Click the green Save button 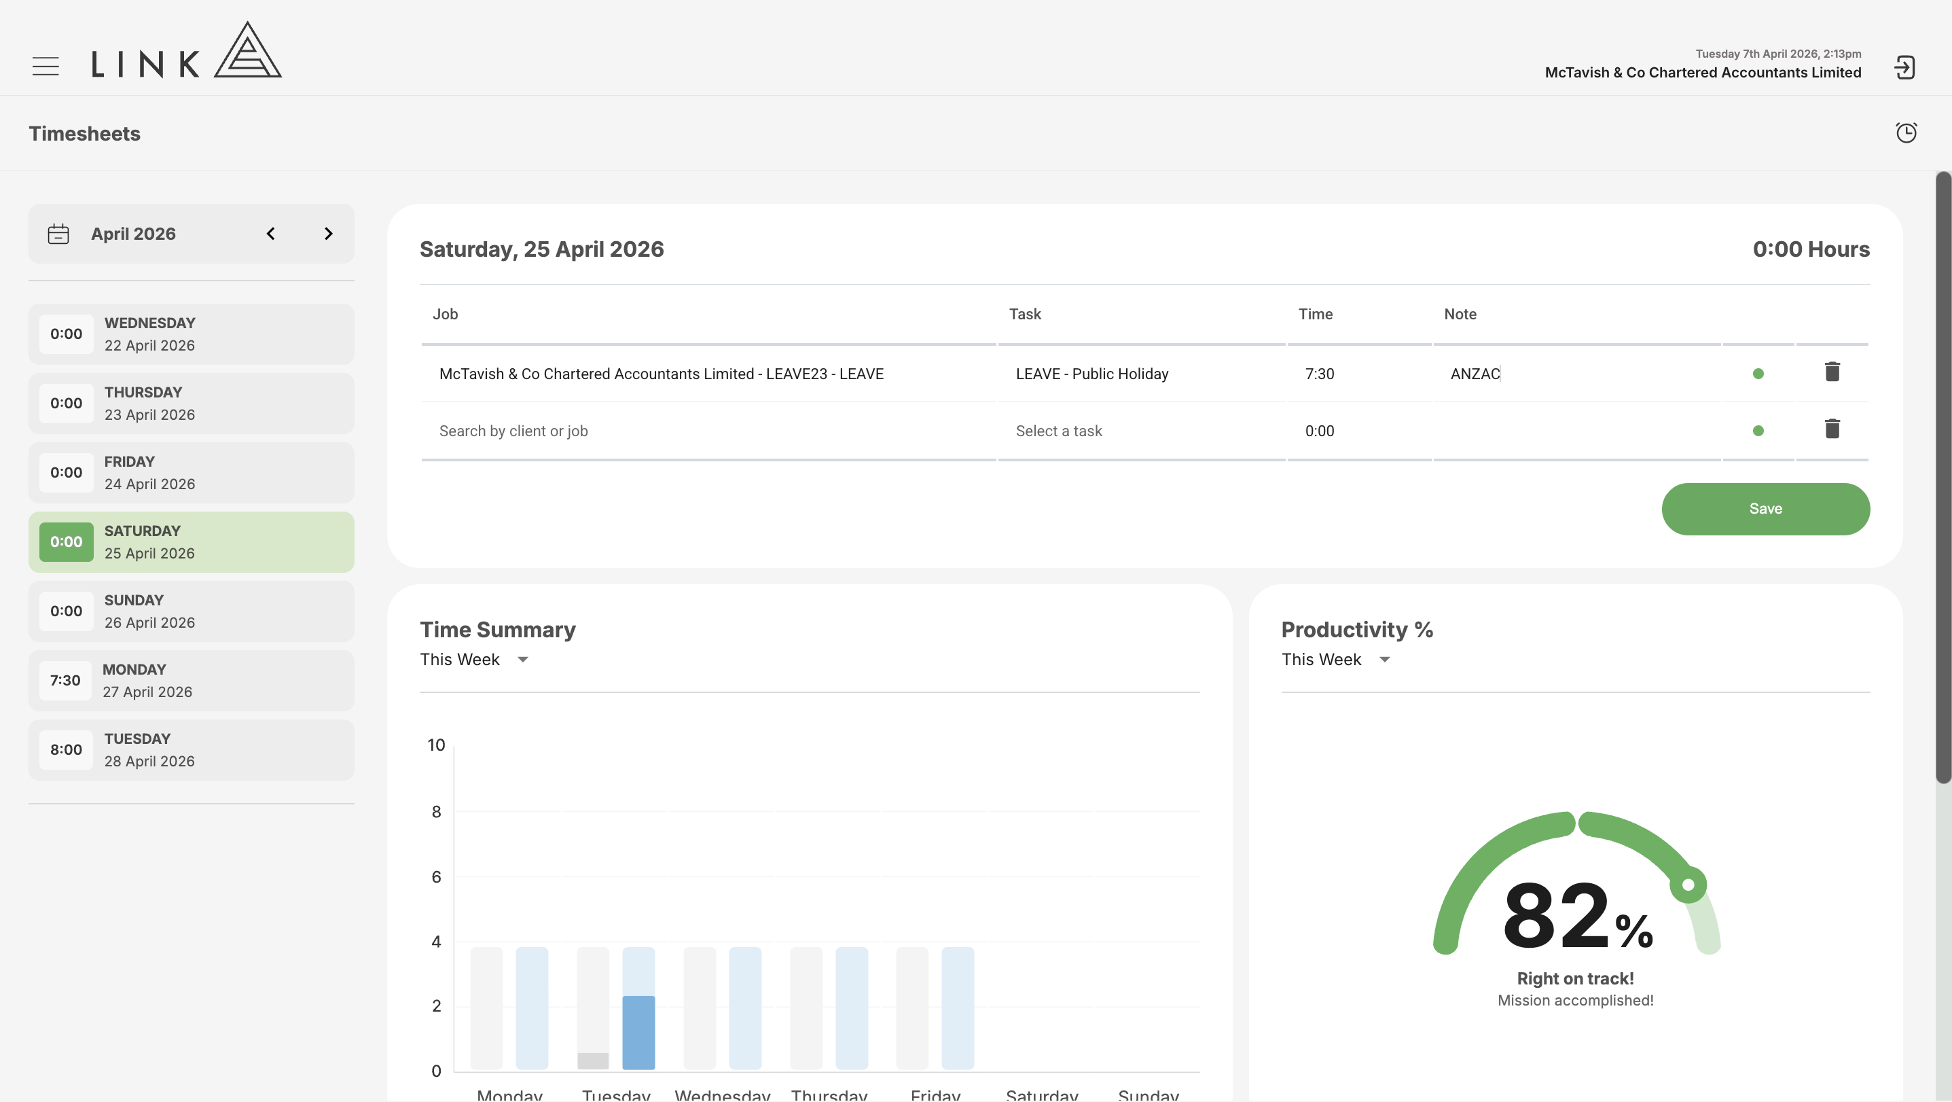tap(1766, 509)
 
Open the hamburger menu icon tap(46, 66)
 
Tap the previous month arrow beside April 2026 tap(270, 234)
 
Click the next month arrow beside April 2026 tap(328, 234)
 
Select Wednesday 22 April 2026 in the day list tap(191, 334)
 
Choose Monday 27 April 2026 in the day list tap(191, 681)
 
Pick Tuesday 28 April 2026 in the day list tap(191, 749)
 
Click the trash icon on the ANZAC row tap(1832, 372)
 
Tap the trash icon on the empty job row tap(1832, 429)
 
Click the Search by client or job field tap(513, 431)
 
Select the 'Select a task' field tap(1059, 431)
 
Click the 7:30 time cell tap(1319, 374)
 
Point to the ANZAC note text tap(1475, 374)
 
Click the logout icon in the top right tap(1904, 67)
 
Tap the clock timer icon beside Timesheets tap(1906, 132)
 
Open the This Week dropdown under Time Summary tap(474, 660)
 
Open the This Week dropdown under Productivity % tap(1336, 660)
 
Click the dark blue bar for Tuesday tap(639, 1032)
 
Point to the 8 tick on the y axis tap(437, 812)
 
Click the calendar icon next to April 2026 tap(58, 234)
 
